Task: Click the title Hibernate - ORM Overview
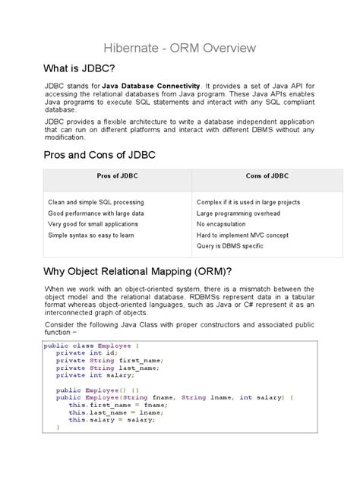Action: point(179,49)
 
